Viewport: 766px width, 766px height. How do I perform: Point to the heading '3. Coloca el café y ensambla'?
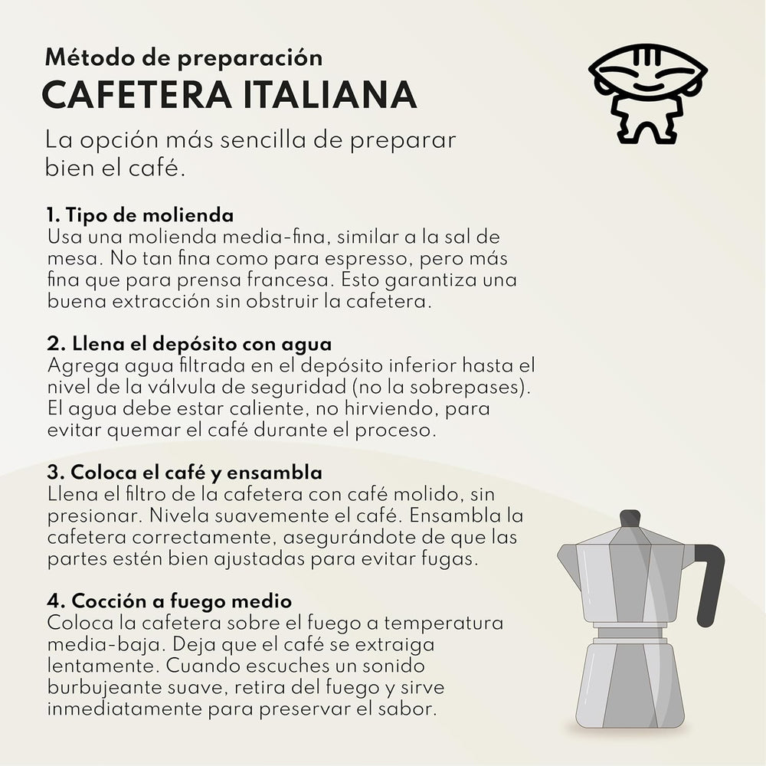tap(185, 470)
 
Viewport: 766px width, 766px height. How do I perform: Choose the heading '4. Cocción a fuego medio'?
tap(169, 600)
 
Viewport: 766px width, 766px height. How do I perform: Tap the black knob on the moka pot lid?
tap(630, 519)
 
